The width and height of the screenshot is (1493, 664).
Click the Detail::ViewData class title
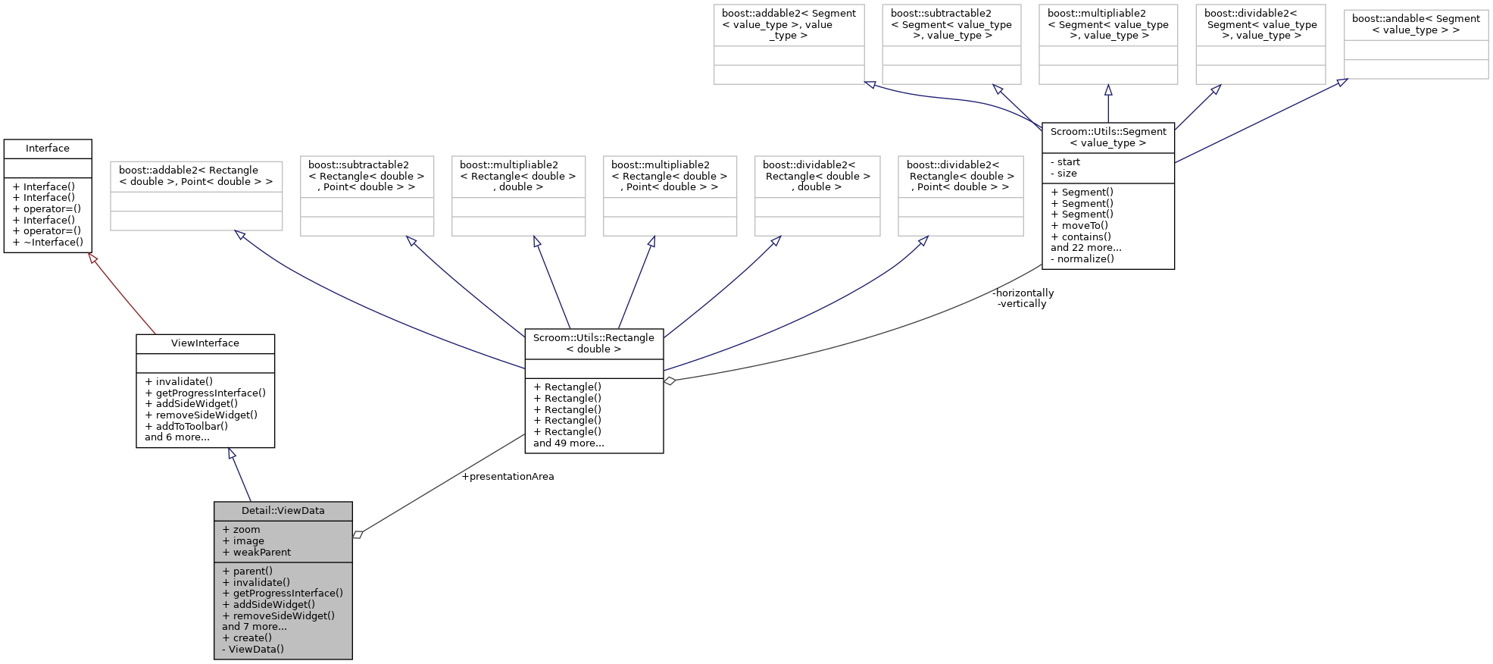point(283,510)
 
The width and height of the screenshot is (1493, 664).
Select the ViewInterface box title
point(205,343)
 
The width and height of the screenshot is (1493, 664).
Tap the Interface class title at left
point(47,149)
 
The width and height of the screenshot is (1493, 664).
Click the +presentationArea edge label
point(508,477)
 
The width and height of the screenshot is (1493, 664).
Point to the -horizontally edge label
point(1023,293)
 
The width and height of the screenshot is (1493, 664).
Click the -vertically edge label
point(1022,304)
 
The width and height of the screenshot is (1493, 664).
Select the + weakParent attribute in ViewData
point(256,552)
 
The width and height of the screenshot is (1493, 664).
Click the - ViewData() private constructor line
point(253,649)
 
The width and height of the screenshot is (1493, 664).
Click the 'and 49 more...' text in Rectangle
point(568,443)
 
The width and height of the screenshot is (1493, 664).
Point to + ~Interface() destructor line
point(48,243)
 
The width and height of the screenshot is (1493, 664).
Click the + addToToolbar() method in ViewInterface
point(186,426)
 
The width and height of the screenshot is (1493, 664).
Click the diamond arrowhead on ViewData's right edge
point(358,534)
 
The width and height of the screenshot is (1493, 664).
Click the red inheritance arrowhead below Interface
point(93,258)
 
